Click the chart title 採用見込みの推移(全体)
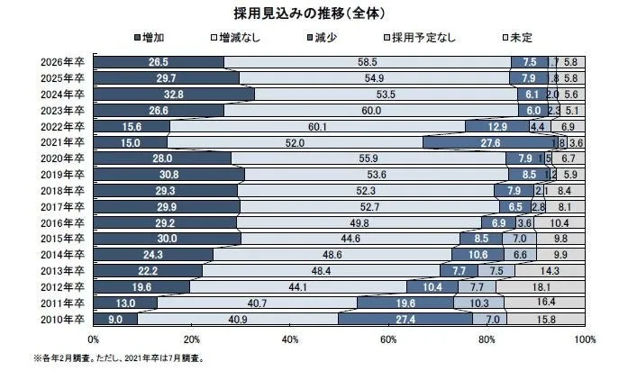tap(318, 14)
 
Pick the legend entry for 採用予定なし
tap(423, 39)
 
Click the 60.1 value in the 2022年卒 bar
tap(316, 126)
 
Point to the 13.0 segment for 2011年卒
tap(125, 302)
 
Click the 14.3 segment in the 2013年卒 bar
tap(550, 269)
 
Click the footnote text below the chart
tap(118, 357)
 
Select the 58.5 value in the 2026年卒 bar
tap(367, 62)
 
